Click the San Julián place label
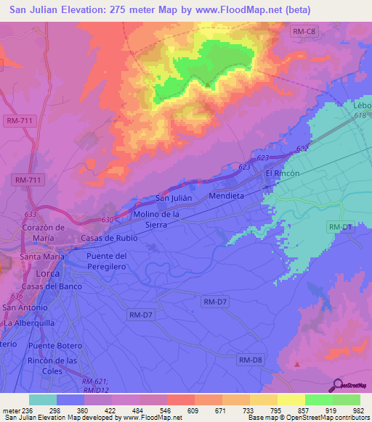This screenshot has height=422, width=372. (x=174, y=199)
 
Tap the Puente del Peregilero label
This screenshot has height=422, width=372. (x=107, y=261)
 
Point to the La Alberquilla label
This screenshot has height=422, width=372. (x=30, y=323)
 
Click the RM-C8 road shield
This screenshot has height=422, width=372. (x=304, y=31)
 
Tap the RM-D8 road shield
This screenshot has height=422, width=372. (x=250, y=360)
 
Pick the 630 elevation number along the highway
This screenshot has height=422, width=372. (x=108, y=220)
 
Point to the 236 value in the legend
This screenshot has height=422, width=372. (x=28, y=410)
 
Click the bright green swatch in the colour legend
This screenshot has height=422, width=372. (x=318, y=400)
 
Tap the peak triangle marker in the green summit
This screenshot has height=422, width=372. (x=208, y=84)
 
